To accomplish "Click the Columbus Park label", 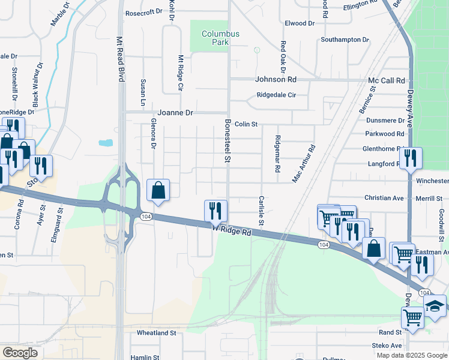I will pos(220,38).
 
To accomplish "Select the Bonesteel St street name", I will pos(228,140).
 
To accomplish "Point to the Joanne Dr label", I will pos(175,112).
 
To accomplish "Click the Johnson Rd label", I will pos(276,79).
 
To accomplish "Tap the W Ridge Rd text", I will pos(232,229).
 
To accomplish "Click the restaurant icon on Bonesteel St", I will pos(216,211).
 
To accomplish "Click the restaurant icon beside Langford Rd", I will pos(411,158).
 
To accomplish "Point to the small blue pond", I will pos(106,143).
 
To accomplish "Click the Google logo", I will pos(20,353).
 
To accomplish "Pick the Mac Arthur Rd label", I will pos(303,163).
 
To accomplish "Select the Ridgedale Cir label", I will pos(276,95).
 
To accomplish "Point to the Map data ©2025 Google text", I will pos(411,355).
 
